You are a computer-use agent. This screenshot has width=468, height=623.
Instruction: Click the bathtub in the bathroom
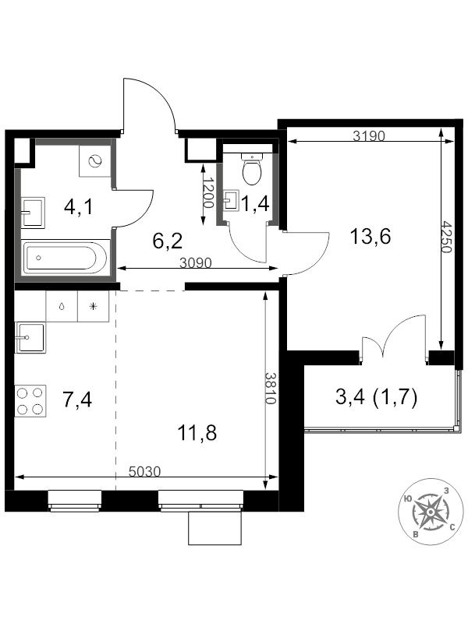(x=66, y=258)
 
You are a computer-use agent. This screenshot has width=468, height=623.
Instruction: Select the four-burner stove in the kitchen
(x=30, y=401)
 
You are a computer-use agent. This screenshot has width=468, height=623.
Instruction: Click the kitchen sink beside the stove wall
(x=30, y=337)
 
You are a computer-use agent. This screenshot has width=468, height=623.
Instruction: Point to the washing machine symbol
(x=94, y=161)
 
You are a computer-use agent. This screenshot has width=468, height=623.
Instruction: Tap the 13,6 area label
(x=370, y=237)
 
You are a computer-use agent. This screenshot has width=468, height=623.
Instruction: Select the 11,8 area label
(x=197, y=433)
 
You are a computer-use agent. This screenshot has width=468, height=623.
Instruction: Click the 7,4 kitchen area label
(x=77, y=399)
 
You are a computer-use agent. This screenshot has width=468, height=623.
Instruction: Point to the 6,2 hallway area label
(x=168, y=241)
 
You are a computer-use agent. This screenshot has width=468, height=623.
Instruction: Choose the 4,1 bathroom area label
(x=79, y=206)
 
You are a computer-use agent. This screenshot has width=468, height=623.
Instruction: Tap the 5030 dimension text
(x=145, y=471)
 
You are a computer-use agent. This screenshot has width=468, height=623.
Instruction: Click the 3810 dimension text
(x=271, y=388)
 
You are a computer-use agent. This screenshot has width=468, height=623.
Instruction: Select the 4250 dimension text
(x=447, y=238)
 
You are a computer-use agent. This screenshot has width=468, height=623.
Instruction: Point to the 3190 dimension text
(x=369, y=136)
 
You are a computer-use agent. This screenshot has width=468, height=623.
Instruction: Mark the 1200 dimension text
(x=208, y=192)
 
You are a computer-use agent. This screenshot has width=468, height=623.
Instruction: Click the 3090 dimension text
(x=196, y=262)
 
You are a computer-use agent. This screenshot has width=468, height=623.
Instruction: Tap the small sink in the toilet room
(x=232, y=199)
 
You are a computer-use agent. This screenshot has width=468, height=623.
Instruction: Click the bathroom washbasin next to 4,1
(x=33, y=213)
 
